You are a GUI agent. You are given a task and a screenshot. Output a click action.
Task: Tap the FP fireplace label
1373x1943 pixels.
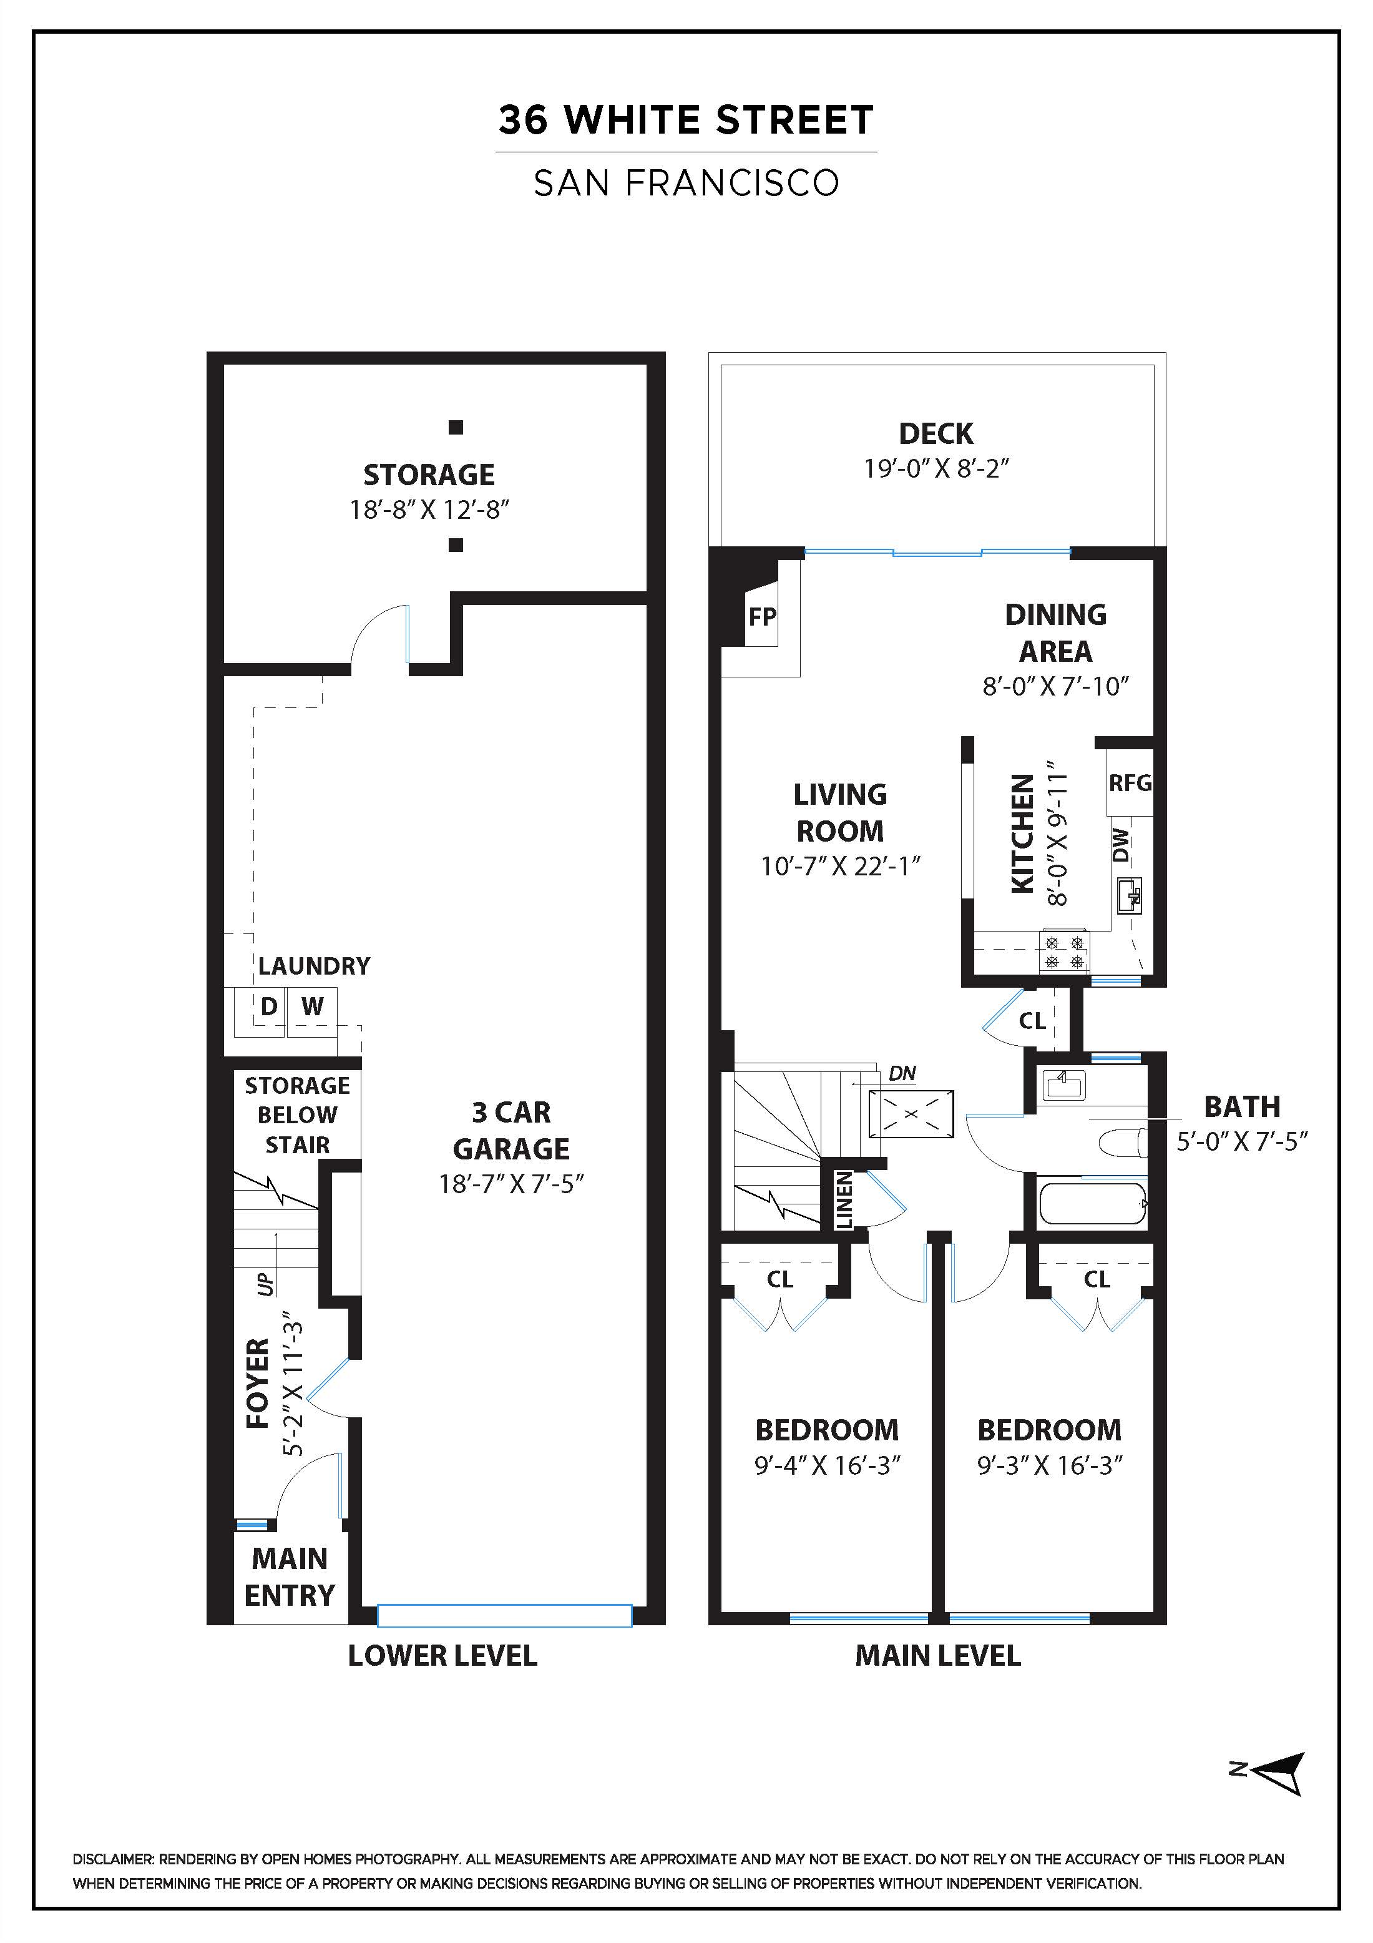click(x=761, y=616)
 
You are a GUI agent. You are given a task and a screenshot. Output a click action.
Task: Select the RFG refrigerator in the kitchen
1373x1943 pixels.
click(x=1130, y=783)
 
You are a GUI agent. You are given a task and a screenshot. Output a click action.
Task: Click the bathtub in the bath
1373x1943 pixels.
click(x=1092, y=1203)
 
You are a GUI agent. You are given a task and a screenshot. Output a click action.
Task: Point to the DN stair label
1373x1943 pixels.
click(x=902, y=1073)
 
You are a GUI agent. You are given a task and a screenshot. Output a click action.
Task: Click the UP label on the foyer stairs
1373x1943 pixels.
click(x=266, y=1283)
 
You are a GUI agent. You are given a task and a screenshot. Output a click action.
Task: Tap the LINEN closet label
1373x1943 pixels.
click(x=844, y=1200)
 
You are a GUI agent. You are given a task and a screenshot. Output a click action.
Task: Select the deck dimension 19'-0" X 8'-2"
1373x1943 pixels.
click(x=937, y=468)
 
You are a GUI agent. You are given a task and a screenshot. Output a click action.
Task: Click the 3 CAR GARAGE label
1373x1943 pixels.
click(x=511, y=1129)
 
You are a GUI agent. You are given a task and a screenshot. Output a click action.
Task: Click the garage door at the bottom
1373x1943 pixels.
click(x=504, y=1615)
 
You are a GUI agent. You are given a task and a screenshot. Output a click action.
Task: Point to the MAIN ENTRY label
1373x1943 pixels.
click(x=290, y=1576)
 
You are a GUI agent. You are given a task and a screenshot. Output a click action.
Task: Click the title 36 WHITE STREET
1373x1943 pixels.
click(x=686, y=120)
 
